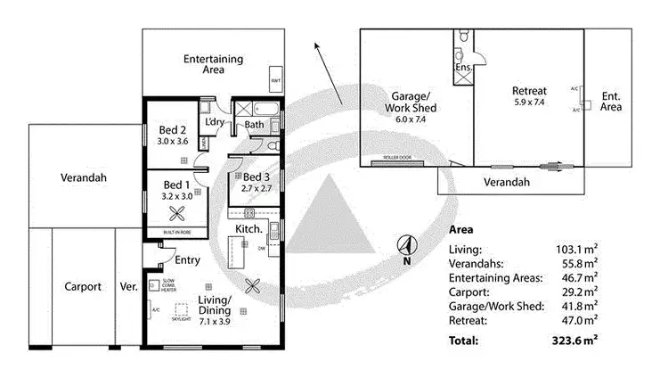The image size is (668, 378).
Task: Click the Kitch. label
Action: pyautogui.click(x=248, y=229)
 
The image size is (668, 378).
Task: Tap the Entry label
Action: pyautogui.click(x=187, y=260)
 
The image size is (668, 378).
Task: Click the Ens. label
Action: pyautogui.click(x=463, y=67)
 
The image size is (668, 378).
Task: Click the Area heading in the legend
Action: pyautogui.click(x=462, y=228)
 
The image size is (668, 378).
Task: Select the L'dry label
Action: pyautogui.click(x=215, y=121)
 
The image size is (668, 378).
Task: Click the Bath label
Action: pyautogui.click(x=255, y=126)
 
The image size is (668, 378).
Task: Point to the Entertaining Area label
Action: pyautogui.click(x=214, y=64)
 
